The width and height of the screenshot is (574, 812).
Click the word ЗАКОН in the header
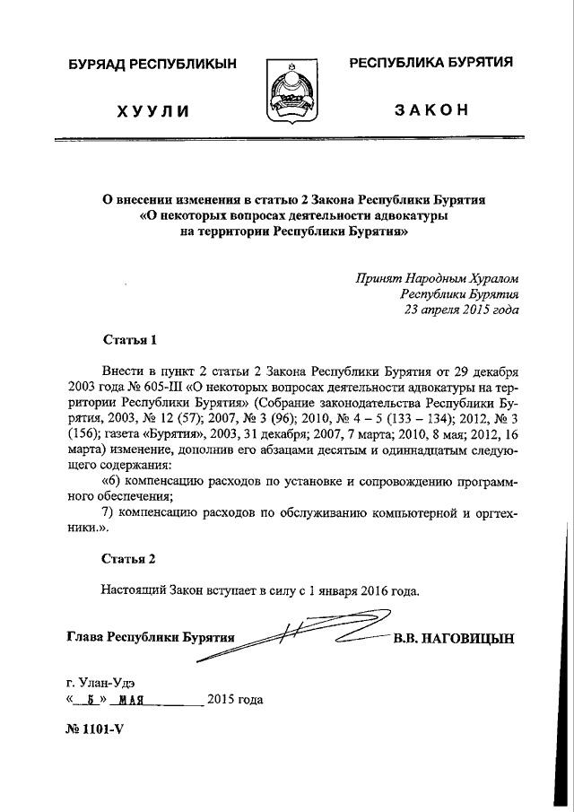(430, 109)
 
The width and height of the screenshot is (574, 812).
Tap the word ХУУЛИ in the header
(152, 111)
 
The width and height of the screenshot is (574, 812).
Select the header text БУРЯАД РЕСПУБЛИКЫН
(152, 64)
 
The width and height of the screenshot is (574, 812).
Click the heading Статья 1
(130, 340)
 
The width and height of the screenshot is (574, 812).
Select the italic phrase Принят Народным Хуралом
(437, 276)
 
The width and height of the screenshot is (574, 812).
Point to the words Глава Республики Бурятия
(151, 638)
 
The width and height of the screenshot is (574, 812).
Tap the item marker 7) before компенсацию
(110, 512)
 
